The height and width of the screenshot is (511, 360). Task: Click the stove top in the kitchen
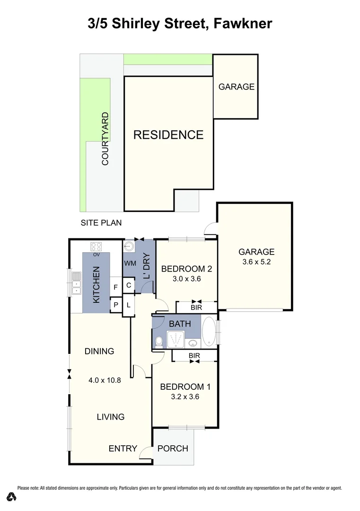97,247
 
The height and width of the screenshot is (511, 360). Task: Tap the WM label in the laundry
129,263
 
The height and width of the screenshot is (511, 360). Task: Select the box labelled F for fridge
115,287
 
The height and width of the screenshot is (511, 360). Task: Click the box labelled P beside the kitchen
115,306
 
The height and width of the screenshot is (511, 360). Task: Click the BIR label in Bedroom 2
196,308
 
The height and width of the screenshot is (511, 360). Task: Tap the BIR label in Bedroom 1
193,355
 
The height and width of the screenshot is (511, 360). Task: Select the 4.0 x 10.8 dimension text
105,380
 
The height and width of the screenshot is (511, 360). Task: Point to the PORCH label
173,449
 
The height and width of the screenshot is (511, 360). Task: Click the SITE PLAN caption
101,223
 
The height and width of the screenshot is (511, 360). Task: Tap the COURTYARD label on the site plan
105,139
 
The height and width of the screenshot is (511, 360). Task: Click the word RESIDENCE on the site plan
168,135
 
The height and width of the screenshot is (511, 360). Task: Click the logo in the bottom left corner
11,497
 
